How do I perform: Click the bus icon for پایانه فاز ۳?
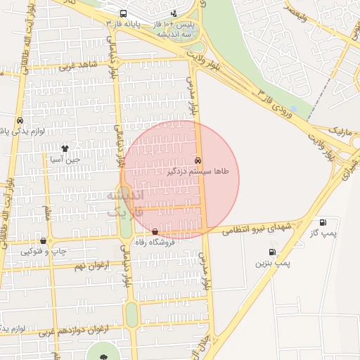click(124, 13)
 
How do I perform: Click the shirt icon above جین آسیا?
click(65, 148)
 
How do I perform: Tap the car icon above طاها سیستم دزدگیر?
click(199, 160)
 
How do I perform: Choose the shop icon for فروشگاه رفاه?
click(155, 231)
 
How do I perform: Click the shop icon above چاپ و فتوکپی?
click(44, 240)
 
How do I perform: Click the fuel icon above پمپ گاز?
click(323, 222)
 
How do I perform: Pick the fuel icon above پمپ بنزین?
click(271, 252)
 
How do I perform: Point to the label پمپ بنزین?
click(271, 262)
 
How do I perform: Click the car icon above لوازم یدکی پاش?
click(19, 120)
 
